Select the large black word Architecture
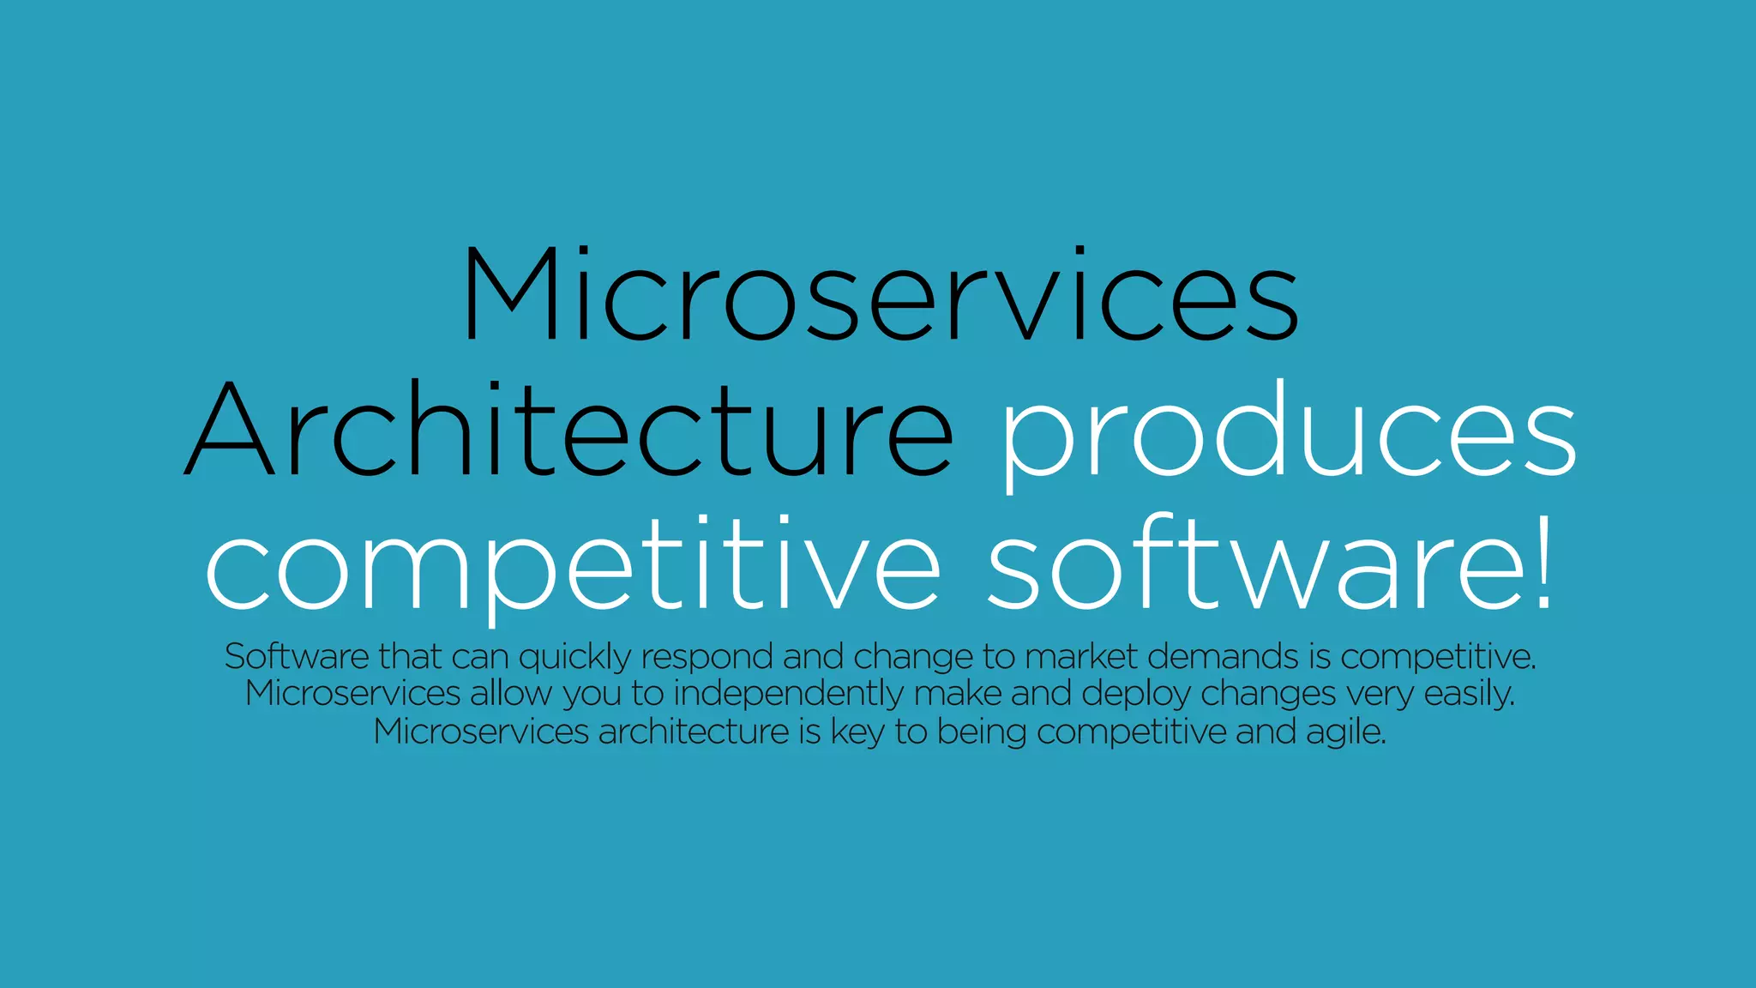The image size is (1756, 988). (x=568, y=429)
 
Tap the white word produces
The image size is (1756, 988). (x=1289, y=433)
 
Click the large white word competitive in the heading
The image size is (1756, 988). (x=573, y=566)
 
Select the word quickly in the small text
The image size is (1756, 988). (x=574, y=658)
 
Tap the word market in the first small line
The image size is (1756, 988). (x=1080, y=657)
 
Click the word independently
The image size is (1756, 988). (x=788, y=695)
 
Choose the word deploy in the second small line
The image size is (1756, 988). (x=1135, y=695)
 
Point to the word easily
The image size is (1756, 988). (x=1469, y=695)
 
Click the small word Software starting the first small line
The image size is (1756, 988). (x=297, y=657)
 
